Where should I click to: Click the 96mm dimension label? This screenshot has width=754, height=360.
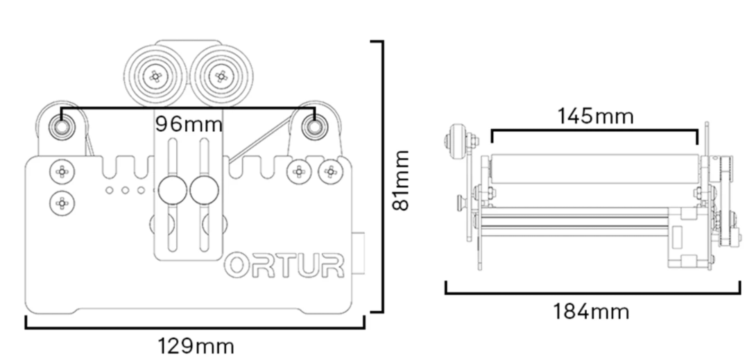coord(189,125)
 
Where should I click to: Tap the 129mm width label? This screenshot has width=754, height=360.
coord(196,345)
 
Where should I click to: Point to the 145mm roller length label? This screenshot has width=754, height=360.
coord(595,116)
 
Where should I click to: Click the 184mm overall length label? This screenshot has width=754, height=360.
coord(591,311)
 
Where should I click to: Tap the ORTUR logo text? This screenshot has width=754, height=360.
coord(285,266)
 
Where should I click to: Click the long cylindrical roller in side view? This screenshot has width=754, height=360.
coord(593,169)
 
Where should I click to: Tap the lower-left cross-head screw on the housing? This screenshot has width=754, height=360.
coord(62,203)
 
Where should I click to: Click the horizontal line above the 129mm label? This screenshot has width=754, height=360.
coord(195,326)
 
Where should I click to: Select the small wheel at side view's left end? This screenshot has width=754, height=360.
coord(456,140)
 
